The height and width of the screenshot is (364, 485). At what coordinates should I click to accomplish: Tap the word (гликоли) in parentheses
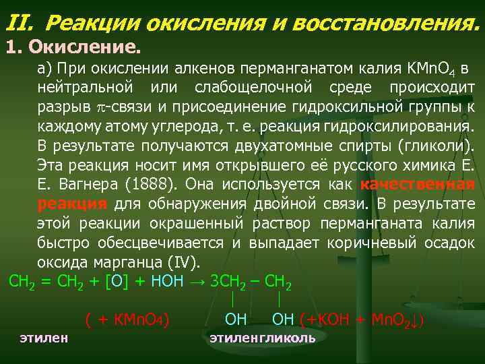(439, 145)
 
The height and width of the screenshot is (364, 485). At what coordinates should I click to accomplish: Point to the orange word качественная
(418, 184)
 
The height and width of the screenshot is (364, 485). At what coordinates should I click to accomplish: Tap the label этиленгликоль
(262, 337)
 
